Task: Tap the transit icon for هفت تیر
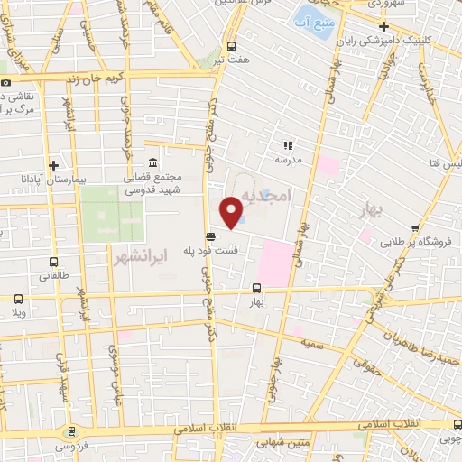[x=233, y=46]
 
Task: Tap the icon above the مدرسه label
[x=289, y=144]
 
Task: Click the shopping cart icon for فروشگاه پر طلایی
[x=415, y=228]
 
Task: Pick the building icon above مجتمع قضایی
[x=151, y=162]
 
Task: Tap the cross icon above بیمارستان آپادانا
[x=55, y=165]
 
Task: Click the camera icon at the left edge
[x=7, y=82]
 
